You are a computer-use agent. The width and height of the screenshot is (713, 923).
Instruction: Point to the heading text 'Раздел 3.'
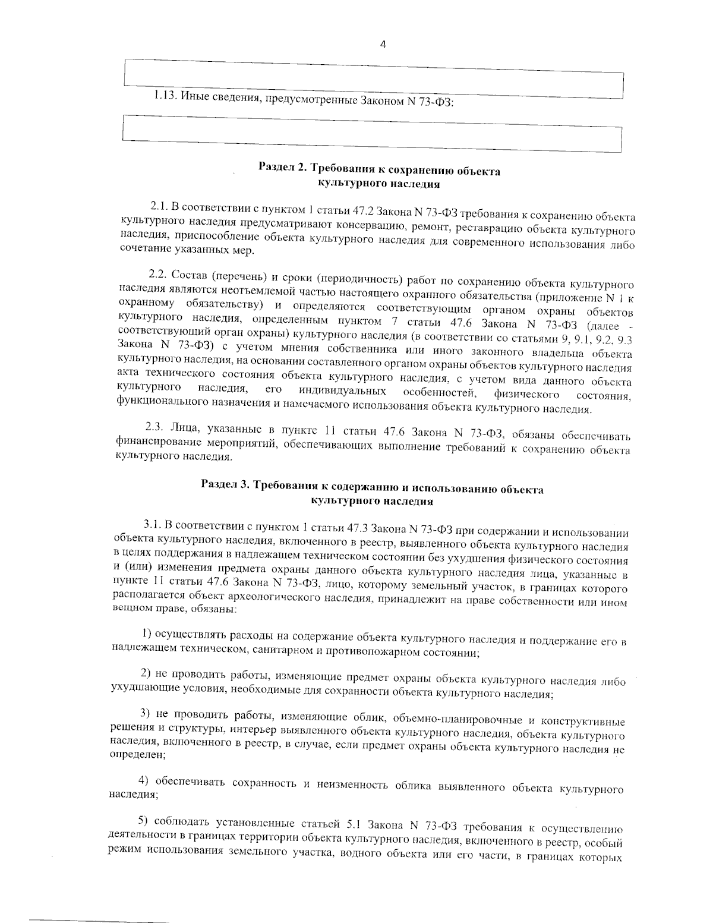point(225,484)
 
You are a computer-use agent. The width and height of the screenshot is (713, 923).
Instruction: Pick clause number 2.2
point(158,273)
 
